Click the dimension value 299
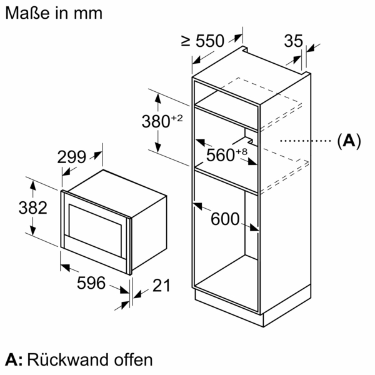pos(71,158)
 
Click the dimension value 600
pos(225,219)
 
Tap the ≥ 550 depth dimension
pos(202,41)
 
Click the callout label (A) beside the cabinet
pos(349,141)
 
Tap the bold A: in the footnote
pos(14,360)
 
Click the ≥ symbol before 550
pos(186,41)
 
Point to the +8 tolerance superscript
pos(243,150)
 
